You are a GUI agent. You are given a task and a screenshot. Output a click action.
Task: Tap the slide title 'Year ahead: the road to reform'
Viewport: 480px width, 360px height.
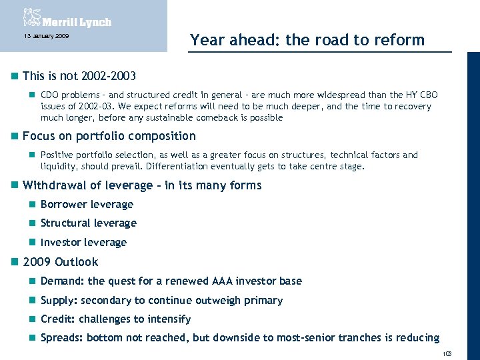(x=307, y=40)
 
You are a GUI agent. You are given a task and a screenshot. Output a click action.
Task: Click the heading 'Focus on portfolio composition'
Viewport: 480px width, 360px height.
(x=109, y=136)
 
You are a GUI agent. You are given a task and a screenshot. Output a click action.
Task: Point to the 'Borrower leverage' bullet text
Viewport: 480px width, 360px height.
(x=87, y=205)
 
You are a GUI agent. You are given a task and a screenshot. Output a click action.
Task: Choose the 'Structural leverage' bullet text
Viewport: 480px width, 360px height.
(x=88, y=223)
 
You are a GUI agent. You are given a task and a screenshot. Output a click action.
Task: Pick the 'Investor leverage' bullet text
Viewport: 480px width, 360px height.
(x=83, y=243)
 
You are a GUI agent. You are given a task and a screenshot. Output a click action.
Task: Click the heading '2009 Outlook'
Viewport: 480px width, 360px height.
(x=60, y=262)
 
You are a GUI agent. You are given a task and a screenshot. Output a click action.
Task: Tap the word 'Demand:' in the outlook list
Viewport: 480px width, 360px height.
(x=62, y=281)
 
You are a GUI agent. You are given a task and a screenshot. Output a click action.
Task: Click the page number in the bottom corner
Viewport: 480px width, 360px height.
(x=446, y=353)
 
